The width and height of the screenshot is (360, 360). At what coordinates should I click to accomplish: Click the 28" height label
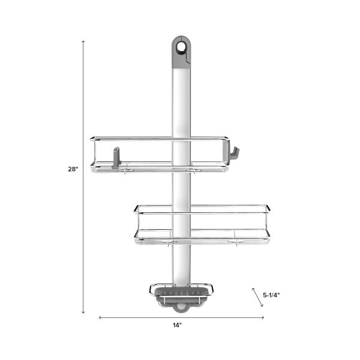73,169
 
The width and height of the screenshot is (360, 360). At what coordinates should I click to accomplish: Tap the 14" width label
176,325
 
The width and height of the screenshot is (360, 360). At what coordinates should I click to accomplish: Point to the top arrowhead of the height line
83,42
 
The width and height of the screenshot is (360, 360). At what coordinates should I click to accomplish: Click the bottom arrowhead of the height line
83,312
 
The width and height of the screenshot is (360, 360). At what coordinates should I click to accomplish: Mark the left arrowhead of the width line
100,317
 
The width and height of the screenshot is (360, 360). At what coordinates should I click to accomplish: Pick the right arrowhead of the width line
263,317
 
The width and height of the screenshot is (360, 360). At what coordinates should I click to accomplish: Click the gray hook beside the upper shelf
234,154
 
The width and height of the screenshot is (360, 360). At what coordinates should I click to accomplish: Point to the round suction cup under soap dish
181,308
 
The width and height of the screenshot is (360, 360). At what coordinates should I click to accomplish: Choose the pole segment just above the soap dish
181,264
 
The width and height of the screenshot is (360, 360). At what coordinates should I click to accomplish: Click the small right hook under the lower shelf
237,244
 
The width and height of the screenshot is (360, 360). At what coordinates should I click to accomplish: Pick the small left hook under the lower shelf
170,244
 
